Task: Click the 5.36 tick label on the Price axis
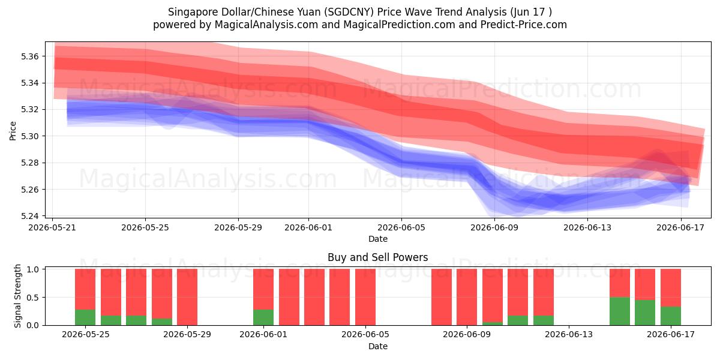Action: click(29, 56)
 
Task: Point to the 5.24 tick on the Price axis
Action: click(29, 216)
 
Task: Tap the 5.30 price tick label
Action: click(29, 136)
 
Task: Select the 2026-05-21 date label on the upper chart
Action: click(52, 227)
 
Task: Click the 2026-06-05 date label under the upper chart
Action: click(401, 227)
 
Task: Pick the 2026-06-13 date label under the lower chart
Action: click(569, 335)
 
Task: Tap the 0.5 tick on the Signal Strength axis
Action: click(32, 298)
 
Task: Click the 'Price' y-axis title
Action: click(13, 131)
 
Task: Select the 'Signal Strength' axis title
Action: click(17, 296)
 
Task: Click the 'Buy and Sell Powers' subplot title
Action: click(377, 257)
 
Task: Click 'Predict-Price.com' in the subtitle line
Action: click(524, 25)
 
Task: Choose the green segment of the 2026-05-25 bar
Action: click(85, 317)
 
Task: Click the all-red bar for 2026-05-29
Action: click(187, 297)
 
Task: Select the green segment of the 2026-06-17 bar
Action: click(671, 316)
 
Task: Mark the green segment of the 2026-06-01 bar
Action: click(263, 317)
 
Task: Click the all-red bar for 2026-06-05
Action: click(365, 297)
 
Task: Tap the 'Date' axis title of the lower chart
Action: click(377, 347)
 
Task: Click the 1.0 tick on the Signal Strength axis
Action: click(32, 269)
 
